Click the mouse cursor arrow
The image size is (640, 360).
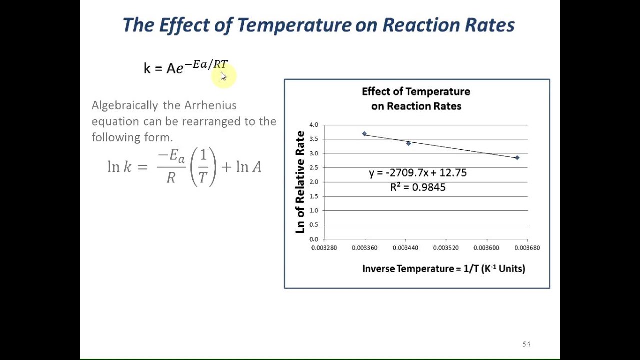click(223, 76)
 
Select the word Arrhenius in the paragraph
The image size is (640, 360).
click(210, 105)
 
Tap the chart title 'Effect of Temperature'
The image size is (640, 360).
click(416, 92)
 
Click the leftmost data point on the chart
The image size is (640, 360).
click(364, 134)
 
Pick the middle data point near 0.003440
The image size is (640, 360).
click(409, 143)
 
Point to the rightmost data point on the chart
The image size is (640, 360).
click(517, 158)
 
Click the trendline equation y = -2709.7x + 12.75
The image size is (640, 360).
click(418, 173)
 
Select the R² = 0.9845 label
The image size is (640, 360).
click(418, 187)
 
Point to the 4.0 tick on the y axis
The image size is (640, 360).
click(313, 125)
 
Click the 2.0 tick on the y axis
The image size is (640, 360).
click(313, 182)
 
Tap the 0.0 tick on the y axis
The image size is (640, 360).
click(313, 239)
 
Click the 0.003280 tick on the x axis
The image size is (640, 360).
click(324, 248)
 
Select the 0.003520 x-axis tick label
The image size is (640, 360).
click(446, 248)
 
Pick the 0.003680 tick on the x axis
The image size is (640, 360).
click(527, 248)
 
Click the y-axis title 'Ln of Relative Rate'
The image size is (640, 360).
click(300, 182)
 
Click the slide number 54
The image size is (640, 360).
click(526, 344)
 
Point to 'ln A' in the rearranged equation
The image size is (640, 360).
click(248, 167)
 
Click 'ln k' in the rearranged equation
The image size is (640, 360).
click(120, 167)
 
